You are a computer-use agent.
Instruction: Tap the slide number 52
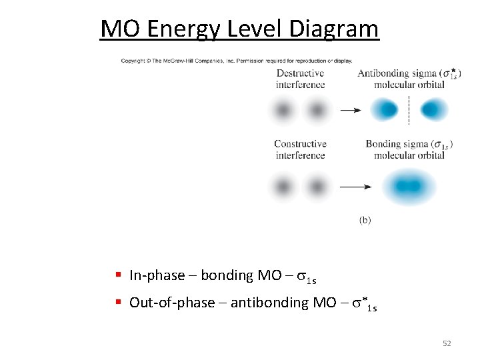click(447, 343)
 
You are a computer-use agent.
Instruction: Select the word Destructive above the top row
click(300, 73)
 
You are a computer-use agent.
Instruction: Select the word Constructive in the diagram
click(300, 144)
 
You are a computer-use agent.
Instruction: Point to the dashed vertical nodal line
click(408, 110)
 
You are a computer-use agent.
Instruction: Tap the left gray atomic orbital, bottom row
click(284, 187)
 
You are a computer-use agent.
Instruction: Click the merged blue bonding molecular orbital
click(407, 187)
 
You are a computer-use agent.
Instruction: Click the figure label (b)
click(365, 220)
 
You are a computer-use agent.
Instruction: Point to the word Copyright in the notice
click(135, 61)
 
